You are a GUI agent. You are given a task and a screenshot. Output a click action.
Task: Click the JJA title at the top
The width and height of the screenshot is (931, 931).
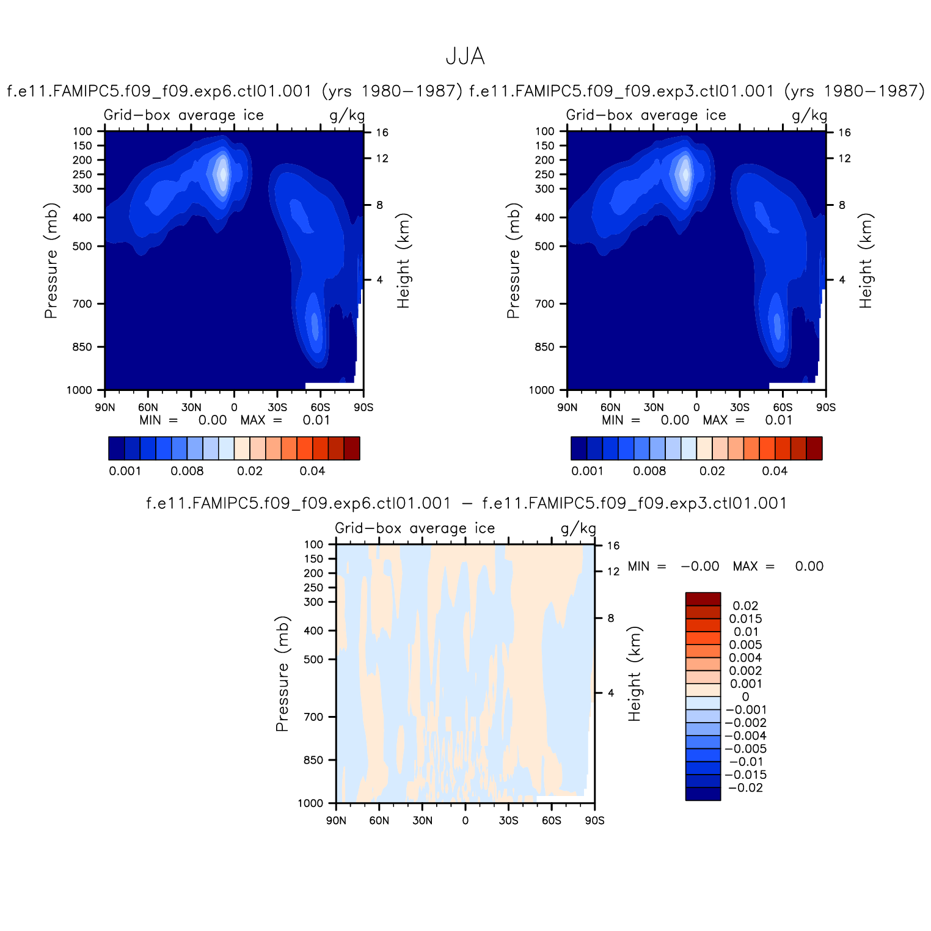465,57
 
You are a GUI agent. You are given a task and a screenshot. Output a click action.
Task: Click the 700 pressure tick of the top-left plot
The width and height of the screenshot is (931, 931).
82,304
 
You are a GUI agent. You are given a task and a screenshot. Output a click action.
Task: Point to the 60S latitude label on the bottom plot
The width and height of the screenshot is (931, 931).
551,820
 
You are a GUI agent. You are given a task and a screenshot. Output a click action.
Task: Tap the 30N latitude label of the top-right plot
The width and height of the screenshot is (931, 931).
653,407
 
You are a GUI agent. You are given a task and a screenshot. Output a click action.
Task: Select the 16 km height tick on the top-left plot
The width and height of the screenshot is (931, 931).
382,133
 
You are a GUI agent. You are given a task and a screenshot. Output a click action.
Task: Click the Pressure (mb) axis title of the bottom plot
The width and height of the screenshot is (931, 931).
282,673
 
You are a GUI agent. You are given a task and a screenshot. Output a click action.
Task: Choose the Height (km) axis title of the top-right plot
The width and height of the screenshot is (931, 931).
866,260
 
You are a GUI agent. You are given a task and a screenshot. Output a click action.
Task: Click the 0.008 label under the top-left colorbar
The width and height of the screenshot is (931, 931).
187,471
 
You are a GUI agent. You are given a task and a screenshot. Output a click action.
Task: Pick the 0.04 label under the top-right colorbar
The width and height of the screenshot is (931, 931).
775,471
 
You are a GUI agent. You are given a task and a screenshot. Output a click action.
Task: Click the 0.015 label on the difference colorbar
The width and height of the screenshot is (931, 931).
746,619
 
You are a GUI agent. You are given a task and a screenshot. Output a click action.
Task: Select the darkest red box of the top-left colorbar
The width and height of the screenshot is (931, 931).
351,448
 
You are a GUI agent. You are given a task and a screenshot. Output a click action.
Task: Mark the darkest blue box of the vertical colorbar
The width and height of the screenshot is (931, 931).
703,794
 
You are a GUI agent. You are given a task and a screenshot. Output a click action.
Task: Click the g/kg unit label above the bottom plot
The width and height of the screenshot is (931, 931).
578,528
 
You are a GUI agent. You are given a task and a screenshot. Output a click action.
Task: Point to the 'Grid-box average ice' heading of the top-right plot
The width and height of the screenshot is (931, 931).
646,115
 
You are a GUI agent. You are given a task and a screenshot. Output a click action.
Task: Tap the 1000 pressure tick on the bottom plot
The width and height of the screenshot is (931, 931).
312,803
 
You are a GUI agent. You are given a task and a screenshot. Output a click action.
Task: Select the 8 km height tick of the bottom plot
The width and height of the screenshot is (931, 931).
610,618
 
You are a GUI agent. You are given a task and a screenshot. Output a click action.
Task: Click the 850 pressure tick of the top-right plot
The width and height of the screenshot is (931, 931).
545,347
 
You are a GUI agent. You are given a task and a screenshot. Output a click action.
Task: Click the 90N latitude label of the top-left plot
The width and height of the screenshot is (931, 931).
104,407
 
